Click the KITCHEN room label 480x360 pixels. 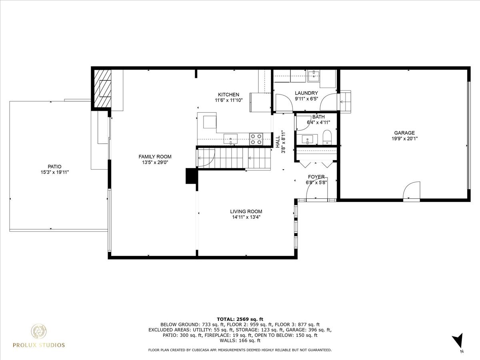point(228,95)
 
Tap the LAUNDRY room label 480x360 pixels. point(306,93)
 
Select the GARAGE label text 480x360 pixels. point(404,133)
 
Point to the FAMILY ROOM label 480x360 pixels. point(155,157)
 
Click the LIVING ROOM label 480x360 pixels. point(246,212)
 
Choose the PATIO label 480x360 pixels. point(55,166)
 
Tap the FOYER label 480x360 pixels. point(316,177)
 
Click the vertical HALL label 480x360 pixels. point(278,141)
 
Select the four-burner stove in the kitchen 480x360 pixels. point(256,139)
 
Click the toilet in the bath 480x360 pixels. point(327,137)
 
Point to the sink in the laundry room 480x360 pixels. point(315,74)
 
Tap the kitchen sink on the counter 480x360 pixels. point(230,139)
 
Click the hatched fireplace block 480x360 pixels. point(102,89)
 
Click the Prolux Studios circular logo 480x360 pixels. point(39,331)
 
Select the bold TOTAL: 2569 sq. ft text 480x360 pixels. point(240,319)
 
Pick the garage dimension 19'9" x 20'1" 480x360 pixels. point(404,139)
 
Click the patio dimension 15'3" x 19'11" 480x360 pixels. point(55,172)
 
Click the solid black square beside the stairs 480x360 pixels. point(191,176)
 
